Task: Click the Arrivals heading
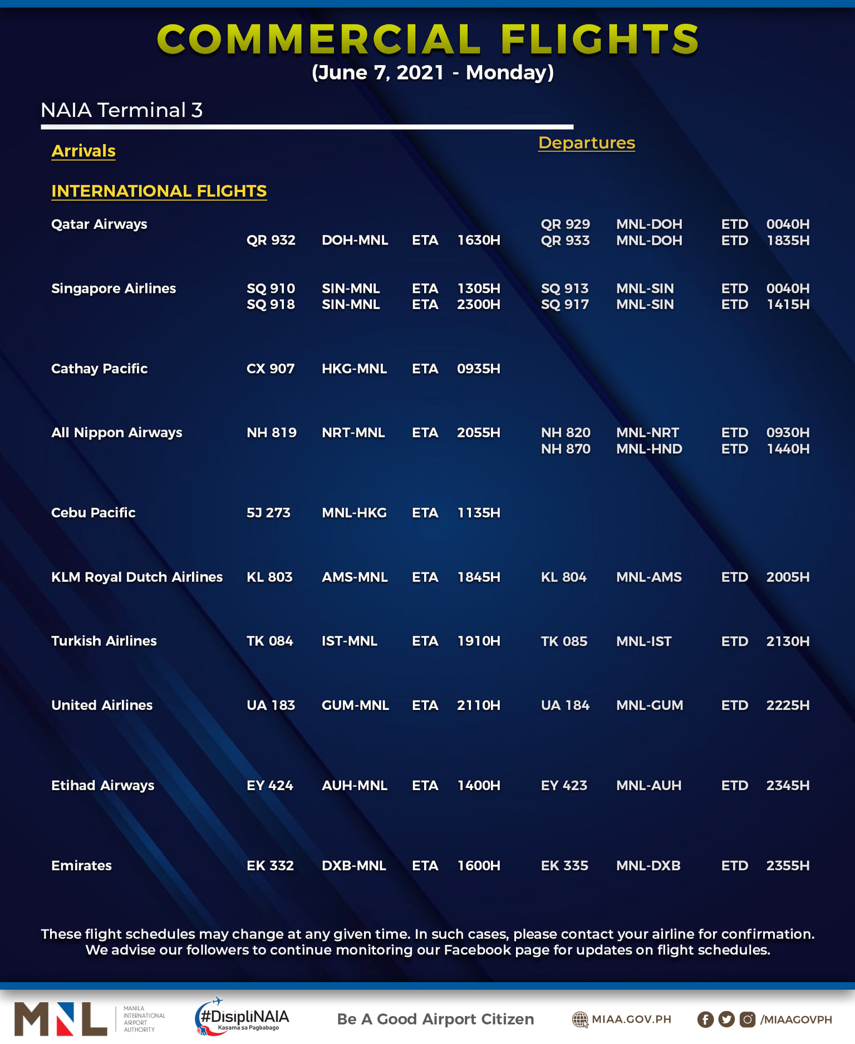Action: tap(83, 151)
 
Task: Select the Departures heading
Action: tap(586, 143)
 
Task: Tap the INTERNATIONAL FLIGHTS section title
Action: tap(159, 191)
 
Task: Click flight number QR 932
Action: tap(271, 241)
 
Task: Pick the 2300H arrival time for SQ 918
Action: tap(478, 305)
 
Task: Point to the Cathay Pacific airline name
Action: tap(99, 369)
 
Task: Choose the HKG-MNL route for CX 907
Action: tap(354, 369)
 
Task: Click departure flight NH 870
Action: tap(565, 449)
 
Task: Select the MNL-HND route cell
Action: tap(648, 449)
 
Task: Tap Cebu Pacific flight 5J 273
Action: tap(268, 513)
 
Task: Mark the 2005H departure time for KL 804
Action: tap(787, 577)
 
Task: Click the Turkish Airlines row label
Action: tap(104, 641)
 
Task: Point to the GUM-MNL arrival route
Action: tap(355, 705)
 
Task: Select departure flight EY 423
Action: tap(563, 786)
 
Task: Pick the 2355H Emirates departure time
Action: tap(787, 866)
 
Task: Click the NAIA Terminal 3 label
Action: tap(121, 110)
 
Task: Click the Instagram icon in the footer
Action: tap(747, 1020)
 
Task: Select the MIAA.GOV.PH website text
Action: tap(631, 1020)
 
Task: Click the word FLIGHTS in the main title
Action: tap(599, 40)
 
